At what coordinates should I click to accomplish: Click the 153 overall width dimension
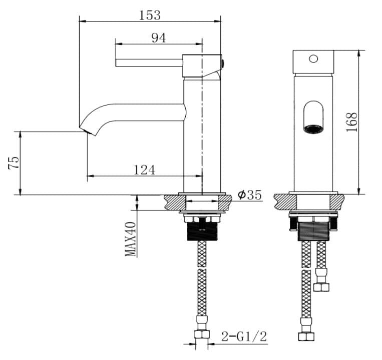click(150, 15)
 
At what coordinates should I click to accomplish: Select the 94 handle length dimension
click(158, 38)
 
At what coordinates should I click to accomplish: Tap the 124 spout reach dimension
click(144, 170)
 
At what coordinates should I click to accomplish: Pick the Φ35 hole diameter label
click(250, 194)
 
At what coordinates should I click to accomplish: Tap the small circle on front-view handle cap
click(313, 58)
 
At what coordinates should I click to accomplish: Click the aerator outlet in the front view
click(313, 128)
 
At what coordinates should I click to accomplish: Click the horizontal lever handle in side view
click(148, 62)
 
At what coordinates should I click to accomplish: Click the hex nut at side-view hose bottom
click(202, 334)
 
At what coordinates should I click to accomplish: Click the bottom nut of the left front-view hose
click(303, 336)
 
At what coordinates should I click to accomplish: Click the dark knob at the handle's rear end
click(223, 63)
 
